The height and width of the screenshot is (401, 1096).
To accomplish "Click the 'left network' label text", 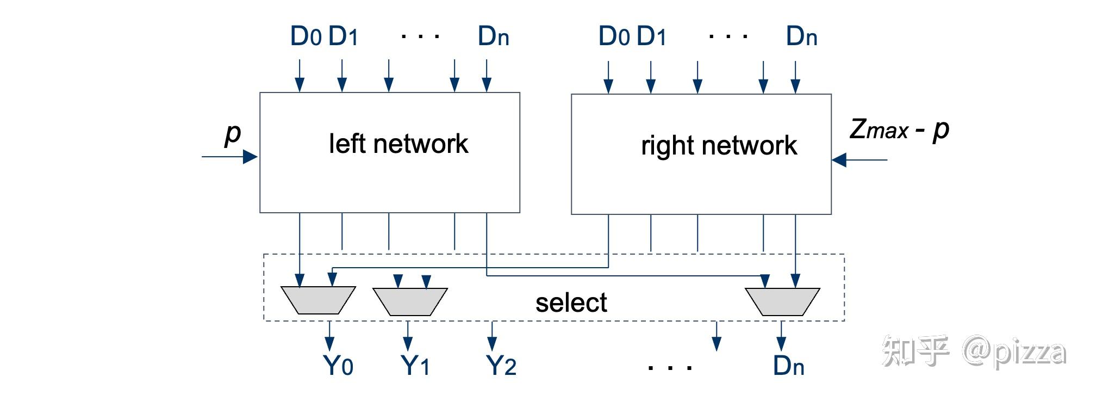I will tap(398, 144).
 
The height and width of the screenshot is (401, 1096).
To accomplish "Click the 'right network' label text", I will tap(718, 146).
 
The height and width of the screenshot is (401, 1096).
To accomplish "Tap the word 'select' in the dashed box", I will tap(571, 303).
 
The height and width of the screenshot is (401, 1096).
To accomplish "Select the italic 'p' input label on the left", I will tap(233, 133).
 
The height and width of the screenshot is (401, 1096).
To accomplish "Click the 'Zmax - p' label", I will tap(899, 130).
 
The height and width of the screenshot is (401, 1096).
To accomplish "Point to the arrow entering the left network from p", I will tap(230, 157).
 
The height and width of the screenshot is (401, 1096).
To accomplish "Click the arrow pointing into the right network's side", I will tap(858, 160).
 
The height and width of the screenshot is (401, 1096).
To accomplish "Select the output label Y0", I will tap(338, 366).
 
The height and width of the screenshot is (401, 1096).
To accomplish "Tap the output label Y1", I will tap(415, 366).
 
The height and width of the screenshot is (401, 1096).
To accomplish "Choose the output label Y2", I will tap(501, 366).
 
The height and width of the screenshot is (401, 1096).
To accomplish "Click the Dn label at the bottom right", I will tap(788, 366).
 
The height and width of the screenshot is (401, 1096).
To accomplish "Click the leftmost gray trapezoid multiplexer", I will tap(318, 300).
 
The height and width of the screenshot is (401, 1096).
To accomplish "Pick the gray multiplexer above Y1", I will tap(409, 301).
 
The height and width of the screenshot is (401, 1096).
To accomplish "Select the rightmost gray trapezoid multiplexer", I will tap(782, 301).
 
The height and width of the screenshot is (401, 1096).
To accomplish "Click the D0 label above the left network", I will tap(306, 36).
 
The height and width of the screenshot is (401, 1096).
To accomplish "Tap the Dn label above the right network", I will tap(801, 36).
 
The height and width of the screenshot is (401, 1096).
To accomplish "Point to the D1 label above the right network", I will tap(651, 36).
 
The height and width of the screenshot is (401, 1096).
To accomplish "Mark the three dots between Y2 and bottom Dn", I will tap(670, 368).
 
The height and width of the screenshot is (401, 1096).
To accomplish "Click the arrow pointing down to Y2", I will tap(492, 336).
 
